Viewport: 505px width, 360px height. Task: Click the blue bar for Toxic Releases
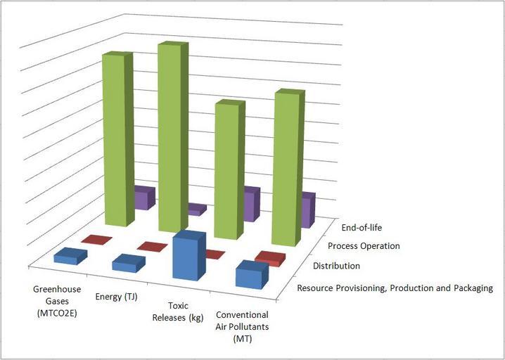(188, 257)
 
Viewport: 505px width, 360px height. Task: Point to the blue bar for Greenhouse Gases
(70, 257)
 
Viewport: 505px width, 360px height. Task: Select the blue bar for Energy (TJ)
(129, 264)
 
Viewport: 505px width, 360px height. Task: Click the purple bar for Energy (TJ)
(197, 209)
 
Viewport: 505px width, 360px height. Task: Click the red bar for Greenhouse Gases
(96, 240)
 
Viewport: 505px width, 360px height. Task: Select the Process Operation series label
(364, 246)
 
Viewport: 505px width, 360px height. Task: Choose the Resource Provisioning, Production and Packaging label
(395, 288)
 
